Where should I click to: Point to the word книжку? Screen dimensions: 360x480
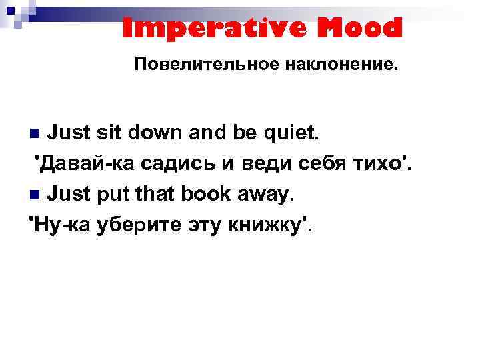(x=271, y=227)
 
